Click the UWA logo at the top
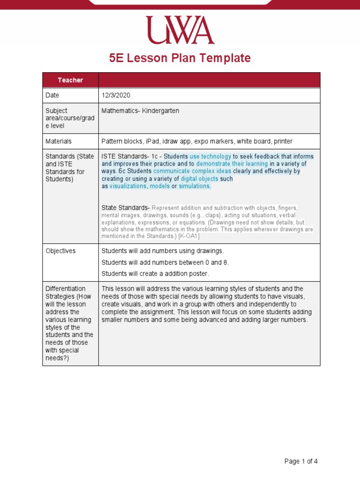[180, 30]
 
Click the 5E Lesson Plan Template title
[180, 58]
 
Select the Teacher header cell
[70, 80]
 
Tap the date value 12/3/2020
[116, 95]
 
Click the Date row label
[52, 95]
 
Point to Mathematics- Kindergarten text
[140, 111]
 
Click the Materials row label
[59, 141]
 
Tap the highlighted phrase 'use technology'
[210, 156]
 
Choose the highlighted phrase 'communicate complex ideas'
[192, 171]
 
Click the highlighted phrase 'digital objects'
[199, 179]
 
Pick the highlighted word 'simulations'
[195, 186]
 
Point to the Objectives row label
[60, 251]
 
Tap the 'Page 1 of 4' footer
[301, 461]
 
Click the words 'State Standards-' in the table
[126, 207]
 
